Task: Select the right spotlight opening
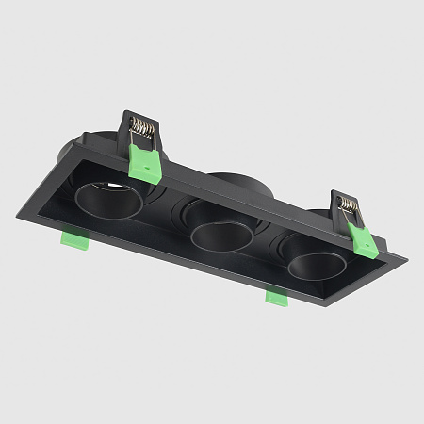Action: click(310, 266)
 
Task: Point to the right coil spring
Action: click(348, 203)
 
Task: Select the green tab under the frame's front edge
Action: click(276, 297)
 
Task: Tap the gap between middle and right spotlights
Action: click(266, 248)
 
